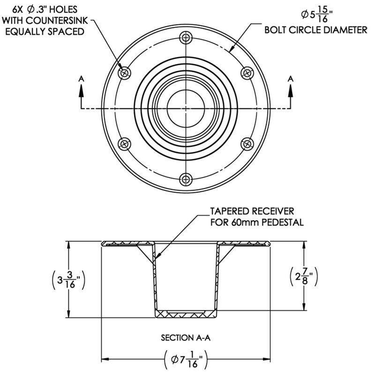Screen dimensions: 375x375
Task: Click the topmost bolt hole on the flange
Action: click(x=187, y=37)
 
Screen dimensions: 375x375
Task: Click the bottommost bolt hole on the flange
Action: click(x=187, y=179)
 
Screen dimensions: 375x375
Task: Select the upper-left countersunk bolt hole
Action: click(x=125, y=73)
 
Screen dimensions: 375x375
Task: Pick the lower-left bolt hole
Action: click(x=124, y=143)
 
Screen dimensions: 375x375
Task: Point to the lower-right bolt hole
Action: click(x=247, y=143)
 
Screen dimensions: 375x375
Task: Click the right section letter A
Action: click(x=291, y=79)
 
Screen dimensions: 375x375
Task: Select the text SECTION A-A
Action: click(x=186, y=337)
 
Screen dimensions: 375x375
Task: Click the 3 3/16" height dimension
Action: click(x=68, y=281)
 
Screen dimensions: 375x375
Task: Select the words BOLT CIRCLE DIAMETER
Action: click(x=315, y=31)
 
